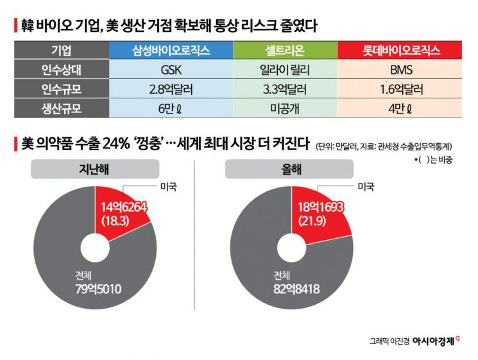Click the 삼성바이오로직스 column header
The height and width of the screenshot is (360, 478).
(171, 50)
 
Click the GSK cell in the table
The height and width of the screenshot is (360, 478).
(171, 70)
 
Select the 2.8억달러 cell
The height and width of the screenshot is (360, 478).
(171, 89)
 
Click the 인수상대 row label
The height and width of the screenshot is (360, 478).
(61, 70)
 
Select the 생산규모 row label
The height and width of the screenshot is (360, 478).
(61, 108)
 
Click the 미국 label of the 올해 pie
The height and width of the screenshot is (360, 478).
(366, 186)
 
